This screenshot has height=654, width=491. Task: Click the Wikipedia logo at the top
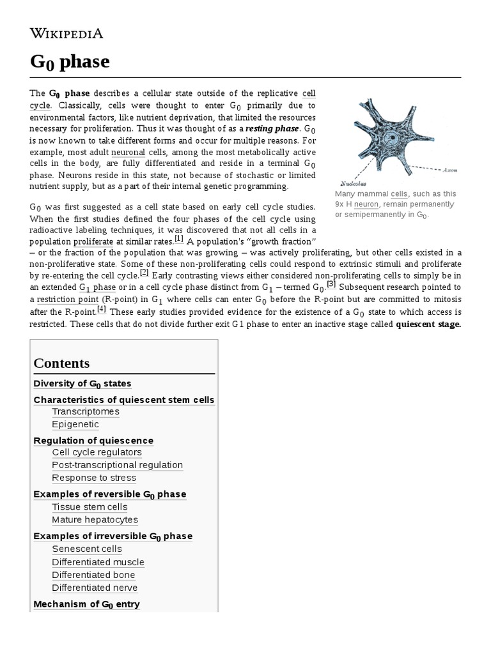pos(66,33)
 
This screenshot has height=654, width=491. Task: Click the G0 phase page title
pos(70,62)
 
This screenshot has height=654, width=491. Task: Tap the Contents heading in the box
pos(61,363)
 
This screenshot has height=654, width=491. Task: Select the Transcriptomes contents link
pos(86,411)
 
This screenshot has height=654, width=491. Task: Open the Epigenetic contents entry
pos(75,424)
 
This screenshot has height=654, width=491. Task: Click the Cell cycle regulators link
pos(97,452)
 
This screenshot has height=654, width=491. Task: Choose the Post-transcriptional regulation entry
pos(117,465)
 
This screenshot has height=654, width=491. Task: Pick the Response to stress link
pos(94,478)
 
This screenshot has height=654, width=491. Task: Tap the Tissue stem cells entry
pos(90,507)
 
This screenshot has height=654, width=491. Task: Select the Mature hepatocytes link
pos(95,520)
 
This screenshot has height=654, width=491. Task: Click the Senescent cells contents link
pos(87,549)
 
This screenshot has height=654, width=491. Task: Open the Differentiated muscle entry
pos(98,562)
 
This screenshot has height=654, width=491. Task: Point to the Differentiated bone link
pos(93,575)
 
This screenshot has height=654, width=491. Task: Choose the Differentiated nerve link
pos(95,588)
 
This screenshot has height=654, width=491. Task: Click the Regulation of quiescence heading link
pos(93,441)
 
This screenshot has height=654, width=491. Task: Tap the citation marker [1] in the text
pos(178,239)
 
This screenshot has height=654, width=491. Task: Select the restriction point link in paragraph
pos(67,300)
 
